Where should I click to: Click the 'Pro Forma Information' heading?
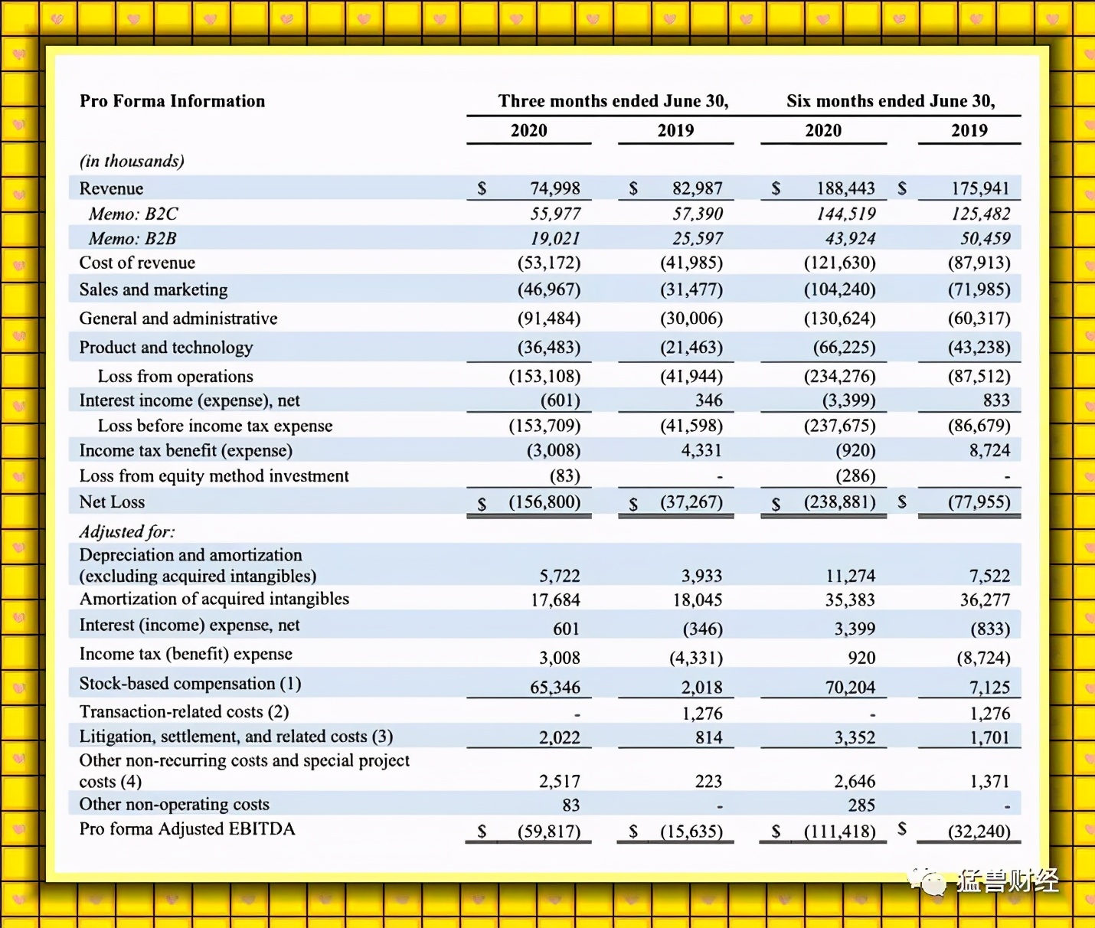(x=172, y=101)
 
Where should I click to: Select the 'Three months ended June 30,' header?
(x=613, y=101)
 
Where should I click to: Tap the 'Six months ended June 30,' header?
(x=891, y=101)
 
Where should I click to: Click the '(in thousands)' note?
(x=132, y=161)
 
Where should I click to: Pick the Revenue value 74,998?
(x=554, y=188)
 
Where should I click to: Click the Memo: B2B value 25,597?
(x=698, y=239)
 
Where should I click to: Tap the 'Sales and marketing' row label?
(x=153, y=289)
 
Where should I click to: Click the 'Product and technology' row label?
(x=165, y=348)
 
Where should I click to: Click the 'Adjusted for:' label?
(x=127, y=531)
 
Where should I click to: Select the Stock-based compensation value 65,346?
(x=554, y=688)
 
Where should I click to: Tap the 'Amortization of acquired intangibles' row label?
(x=214, y=599)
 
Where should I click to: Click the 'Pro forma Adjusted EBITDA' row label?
(x=187, y=829)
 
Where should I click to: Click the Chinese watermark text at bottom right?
(x=1007, y=881)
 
